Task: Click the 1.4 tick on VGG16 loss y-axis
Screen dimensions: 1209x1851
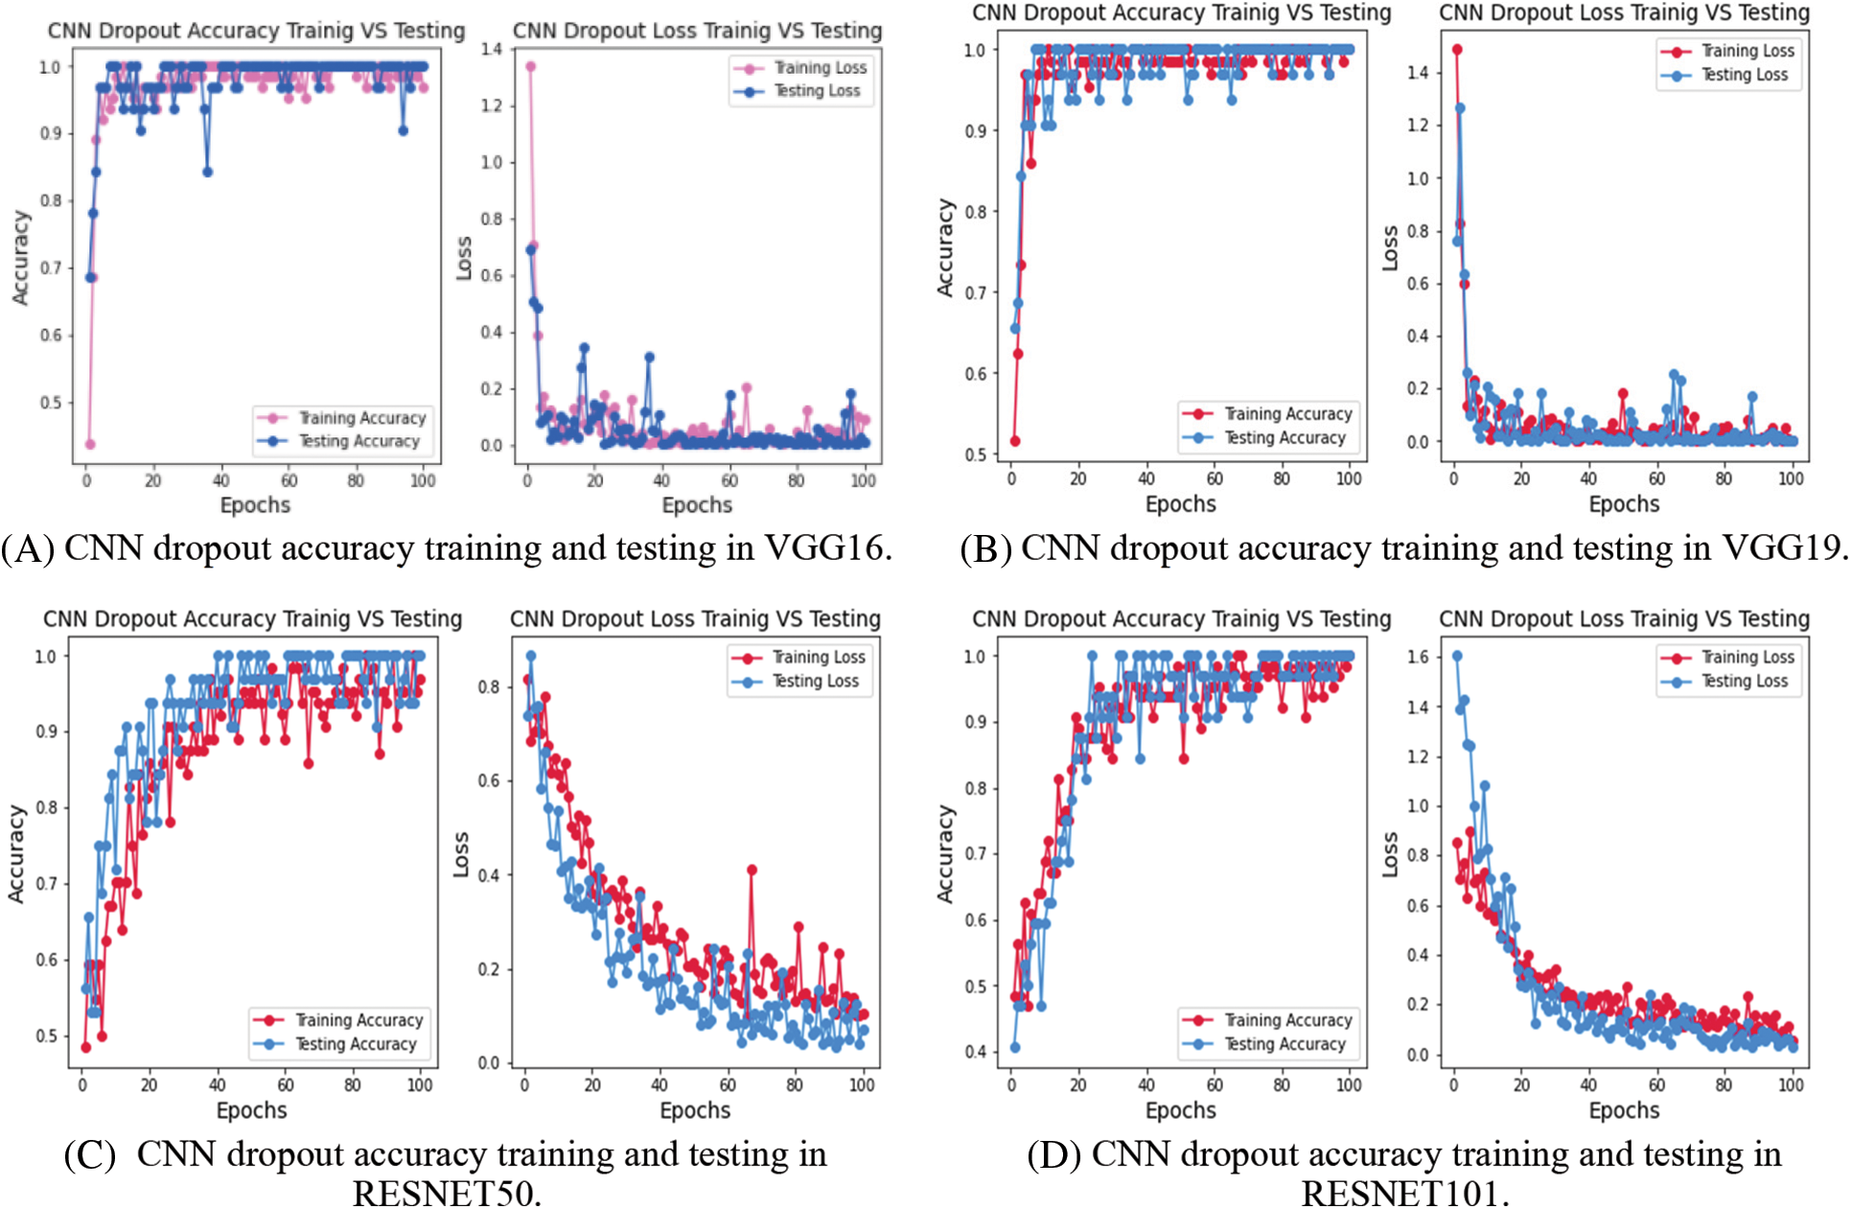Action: coord(492,49)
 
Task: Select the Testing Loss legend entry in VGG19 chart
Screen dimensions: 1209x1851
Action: coord(1744,75)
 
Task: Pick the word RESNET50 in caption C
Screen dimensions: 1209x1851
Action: coord(446,1194)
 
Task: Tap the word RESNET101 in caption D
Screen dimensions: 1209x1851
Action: coord(1404,1194)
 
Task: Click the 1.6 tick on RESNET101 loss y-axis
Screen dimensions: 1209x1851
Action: coord(1418,657)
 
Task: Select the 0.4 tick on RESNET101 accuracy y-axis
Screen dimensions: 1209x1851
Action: coord(975,1052)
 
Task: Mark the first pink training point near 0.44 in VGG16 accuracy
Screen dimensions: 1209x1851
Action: coord(90,444)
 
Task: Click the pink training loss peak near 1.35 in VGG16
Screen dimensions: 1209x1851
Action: coord(530,66)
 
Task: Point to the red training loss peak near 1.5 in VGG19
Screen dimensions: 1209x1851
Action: coord(1457,49)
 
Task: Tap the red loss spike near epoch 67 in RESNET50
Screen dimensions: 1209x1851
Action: coord(752,870)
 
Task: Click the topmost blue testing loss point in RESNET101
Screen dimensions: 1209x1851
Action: coord(1457,656)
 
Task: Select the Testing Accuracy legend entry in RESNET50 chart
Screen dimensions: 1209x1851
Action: coord(356,1044)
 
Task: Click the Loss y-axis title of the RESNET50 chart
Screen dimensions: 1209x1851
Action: coord(461,854)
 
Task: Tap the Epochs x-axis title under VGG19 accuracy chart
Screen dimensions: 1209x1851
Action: coord(1180,504)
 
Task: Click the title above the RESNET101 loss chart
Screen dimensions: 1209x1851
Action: coord(1624,619)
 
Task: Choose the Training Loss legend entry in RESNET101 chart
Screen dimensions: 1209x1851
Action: coord(1747,657)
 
